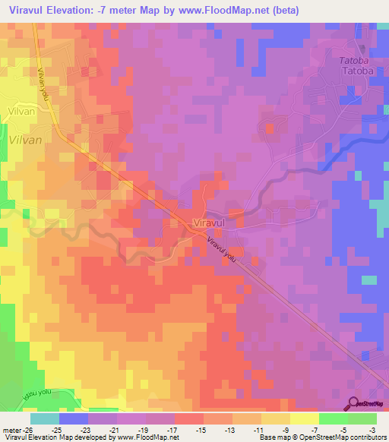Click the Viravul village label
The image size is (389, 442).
click(x=211, y=223)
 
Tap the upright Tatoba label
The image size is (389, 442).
click(x=358, y=71)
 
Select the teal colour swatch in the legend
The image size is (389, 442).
click(x=45, y=418)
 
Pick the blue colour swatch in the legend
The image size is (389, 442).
click(x=74, y=418)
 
